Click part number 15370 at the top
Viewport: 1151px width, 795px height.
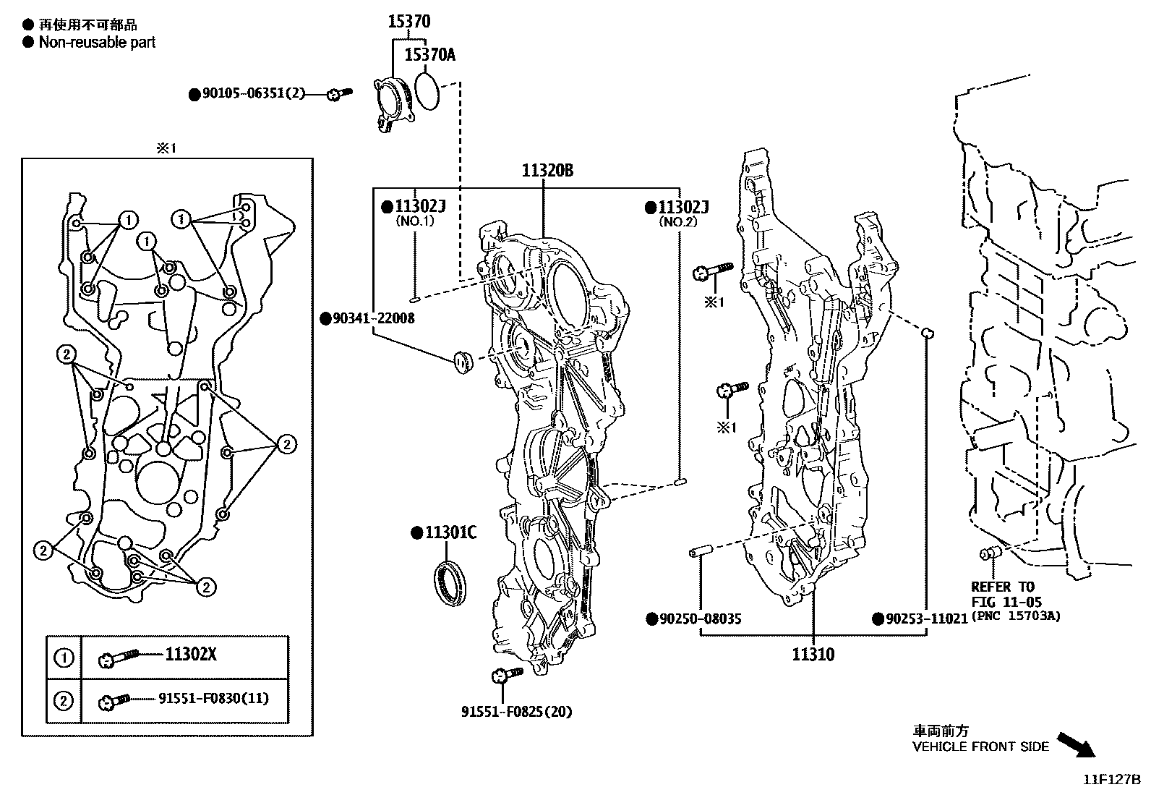click(x=408, y=22)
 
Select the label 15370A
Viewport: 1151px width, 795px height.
click(x=429, y=54)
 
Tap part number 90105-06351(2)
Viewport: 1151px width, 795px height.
click(x=253, y=93)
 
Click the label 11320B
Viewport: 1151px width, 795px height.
click(x=547, y=171)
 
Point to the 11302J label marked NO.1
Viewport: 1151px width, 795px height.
click(x=419, y=207)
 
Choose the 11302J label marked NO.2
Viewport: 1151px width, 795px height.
click(x=683, y=208)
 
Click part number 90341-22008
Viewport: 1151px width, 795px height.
click(x=373, y=318)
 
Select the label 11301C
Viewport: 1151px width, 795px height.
click(x=450, y=533)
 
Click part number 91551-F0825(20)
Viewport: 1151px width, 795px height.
click(x=516, y=712)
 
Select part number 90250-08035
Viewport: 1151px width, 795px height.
click(x=700, y=619)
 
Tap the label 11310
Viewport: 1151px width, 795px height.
click(x=813, y=655)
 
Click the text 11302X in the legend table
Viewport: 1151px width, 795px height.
click(x=191, y=655)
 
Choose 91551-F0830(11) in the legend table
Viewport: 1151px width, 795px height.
click(x=213, y=698)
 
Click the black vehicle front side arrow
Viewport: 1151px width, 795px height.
click(x=1075, y=744)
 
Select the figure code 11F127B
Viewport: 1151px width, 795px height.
click(x=1111, y=780)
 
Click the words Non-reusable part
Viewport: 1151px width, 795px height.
click(x=97, y=42)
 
